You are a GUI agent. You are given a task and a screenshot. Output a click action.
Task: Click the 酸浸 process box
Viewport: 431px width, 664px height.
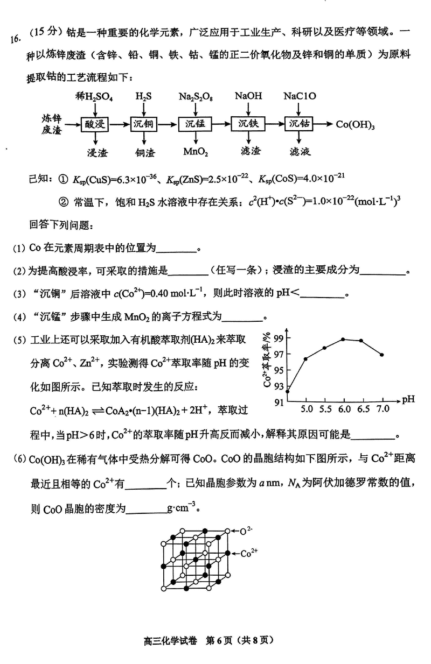[x=95, y=124]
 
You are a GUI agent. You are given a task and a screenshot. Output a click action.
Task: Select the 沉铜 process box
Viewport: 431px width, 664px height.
[x=143, y=124]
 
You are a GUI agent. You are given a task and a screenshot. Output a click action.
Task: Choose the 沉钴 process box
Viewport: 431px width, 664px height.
[x=300, y=124]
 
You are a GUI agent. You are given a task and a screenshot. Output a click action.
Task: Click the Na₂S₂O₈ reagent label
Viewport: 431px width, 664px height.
[x=196, y=96]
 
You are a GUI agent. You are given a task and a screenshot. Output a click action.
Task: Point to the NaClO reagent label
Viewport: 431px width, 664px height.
[x=300, y=96]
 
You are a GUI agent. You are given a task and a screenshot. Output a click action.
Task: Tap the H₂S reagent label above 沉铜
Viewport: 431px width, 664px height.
[x=143, y=96]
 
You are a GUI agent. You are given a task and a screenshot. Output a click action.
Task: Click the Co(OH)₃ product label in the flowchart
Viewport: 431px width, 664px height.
[x=356, y=124]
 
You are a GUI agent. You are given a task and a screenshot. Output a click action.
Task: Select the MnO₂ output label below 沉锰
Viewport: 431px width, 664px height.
[x=195, y=152]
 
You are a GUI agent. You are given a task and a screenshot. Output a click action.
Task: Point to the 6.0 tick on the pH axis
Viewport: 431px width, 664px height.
[x=343, y=409]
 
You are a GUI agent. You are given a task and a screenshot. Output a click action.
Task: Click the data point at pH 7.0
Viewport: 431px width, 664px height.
[x=381, y=355]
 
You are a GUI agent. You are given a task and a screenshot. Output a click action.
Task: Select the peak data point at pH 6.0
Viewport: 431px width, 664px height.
[x=343, y=339]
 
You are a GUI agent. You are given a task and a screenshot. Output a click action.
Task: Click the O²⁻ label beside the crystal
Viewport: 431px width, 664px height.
[x=246, y=531]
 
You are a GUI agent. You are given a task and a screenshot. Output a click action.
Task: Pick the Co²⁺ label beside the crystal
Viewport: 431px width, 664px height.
[x=249, y=553]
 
